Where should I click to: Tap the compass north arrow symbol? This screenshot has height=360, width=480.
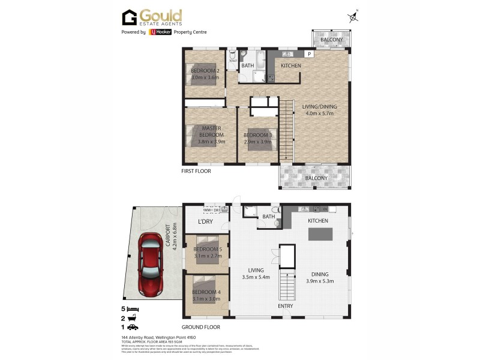352,17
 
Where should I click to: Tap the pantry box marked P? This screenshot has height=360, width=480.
309,54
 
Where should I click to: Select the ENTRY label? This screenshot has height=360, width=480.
286,306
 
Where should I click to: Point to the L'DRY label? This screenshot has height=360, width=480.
206,223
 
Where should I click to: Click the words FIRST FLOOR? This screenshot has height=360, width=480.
196,171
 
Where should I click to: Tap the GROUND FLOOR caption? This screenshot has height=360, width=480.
200,327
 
